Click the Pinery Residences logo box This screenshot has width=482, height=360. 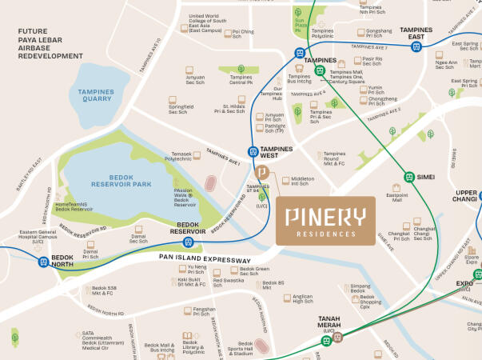(x=325, y=221)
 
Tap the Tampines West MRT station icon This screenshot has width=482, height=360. (x=253, y=150)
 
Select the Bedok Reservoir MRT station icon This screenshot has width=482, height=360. (x=189, y=241)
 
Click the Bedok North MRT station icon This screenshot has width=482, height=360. (x=43, y=262)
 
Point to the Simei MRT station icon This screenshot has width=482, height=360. (x=408, y=177)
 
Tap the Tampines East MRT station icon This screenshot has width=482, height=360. (x=416, y=47)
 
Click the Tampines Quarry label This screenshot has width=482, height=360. (x=97, y=95)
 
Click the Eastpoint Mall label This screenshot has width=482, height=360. (x=397, y=198)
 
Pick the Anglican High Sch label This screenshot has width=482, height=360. (x=302, y=299)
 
